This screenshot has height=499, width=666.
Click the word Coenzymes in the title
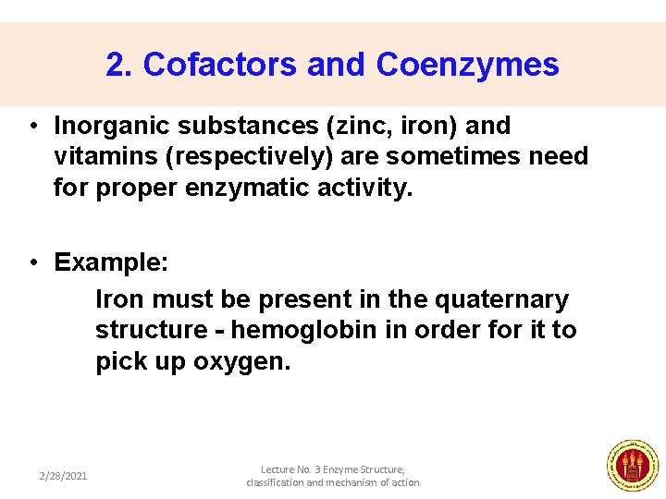pyautogui.click(x=467, y=65)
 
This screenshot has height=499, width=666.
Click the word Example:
pyautogui.click(x=111, y=262)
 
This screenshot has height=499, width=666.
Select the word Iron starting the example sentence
pyautogui.click(x=119, y=299)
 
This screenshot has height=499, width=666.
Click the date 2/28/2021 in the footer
pyautogui.click(x=63, y=476)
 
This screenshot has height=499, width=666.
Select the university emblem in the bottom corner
pyautogui.click(x=632, y=465)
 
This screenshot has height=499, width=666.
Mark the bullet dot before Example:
pyautogui.click(x=32, y=263)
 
